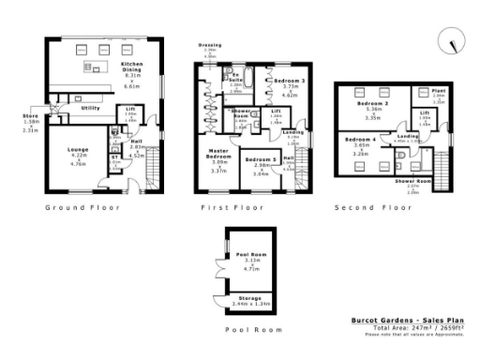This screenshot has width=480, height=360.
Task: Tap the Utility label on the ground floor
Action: pyautogui.click(x=91, y=109)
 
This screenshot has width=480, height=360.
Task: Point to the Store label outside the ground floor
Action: pyautogui.click(x=29, y=117)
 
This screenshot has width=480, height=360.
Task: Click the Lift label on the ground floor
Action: pyautogui.click(x=129, y=110)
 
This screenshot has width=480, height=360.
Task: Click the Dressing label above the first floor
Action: pyautogui.click(x=209, y=45)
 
